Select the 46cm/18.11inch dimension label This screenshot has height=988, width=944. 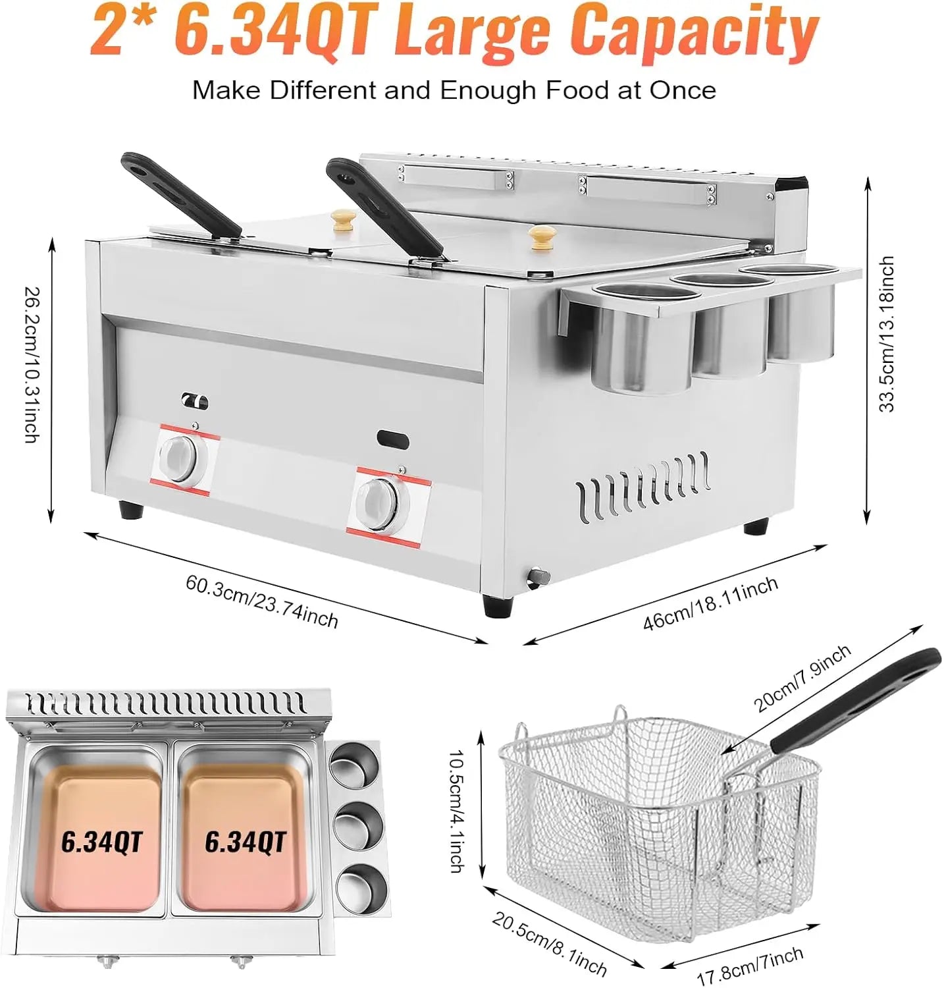[x=710, y=602]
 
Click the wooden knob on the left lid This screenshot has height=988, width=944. [x=342, y=219]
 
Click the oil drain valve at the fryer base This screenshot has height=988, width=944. [x=538, y=574]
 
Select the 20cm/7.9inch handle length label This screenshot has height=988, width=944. [x=802, y=678]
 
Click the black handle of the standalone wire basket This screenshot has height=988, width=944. [x=856, y=701]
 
